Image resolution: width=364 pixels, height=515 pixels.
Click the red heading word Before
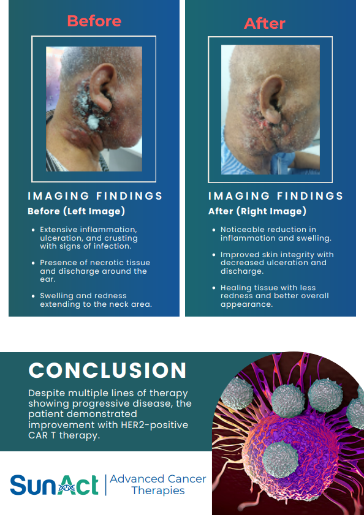click(94, 21)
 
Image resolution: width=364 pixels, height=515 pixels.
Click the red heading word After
click(265, 23)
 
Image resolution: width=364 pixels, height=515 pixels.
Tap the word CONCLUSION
click(108, 370)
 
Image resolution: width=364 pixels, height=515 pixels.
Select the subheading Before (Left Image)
click(76, 211)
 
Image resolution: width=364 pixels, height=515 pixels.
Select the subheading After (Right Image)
click(257, 211)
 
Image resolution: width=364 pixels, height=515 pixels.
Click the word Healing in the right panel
click(235, 287)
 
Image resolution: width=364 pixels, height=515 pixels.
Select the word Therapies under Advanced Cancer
click(158, 491)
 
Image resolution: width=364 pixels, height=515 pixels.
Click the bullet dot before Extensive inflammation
click(33, 230)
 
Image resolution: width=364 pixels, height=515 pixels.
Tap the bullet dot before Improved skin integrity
click(214, 255)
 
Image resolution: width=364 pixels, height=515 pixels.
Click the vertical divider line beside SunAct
click(105, 484)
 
